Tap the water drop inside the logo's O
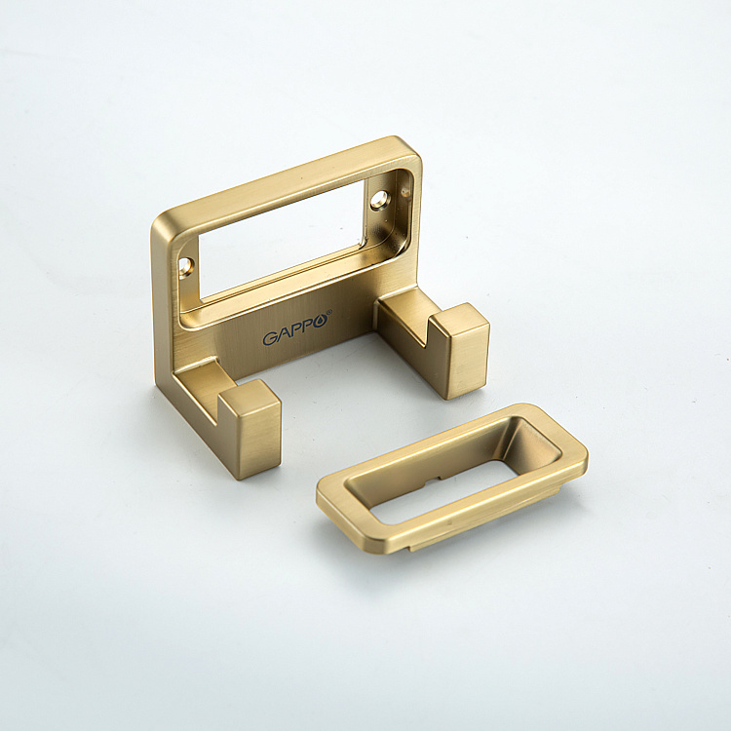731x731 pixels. pyautogui.click(x=323, y=321)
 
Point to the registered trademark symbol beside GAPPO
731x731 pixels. pyautogui.click(x=329, y=312)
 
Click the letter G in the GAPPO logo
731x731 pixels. pyautogui.click(x=269, y=338)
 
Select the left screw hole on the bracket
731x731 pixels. pyautogui.click(x=185, y=267)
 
